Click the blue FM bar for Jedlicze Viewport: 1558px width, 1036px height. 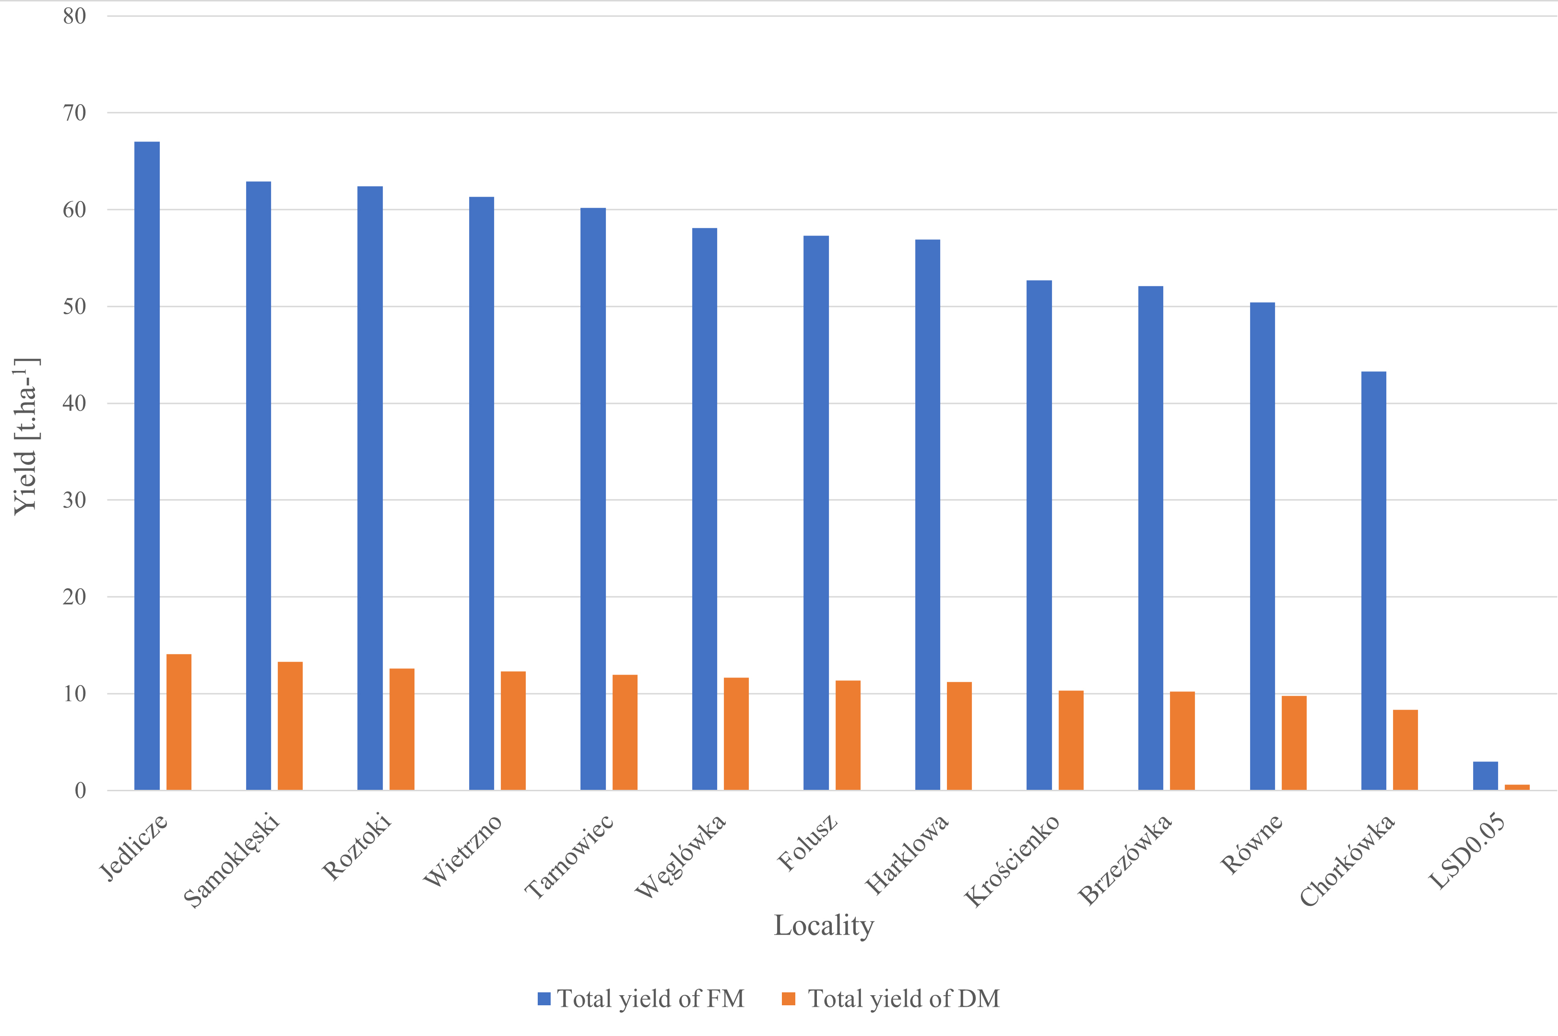(x=147, y=466)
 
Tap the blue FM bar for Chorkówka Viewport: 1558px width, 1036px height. (x=1374, y=581)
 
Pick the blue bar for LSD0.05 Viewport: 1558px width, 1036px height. (x=1486, y=775)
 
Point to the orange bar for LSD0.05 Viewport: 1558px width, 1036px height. (x=1517, y=787)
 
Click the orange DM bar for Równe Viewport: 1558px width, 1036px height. (x=1294, y=743)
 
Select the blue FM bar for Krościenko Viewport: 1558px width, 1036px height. (x=1039, y=535)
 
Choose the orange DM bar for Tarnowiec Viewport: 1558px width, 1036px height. (x=625, y=733)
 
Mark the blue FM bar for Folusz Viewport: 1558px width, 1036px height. (x=815, y=512)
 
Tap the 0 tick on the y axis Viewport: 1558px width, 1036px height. (x=81, y=790)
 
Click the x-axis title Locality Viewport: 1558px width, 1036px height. (x=824, y=926)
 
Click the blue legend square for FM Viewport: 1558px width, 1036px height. (x=544, y=999)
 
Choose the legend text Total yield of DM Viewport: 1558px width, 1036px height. (x=904, y=999)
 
